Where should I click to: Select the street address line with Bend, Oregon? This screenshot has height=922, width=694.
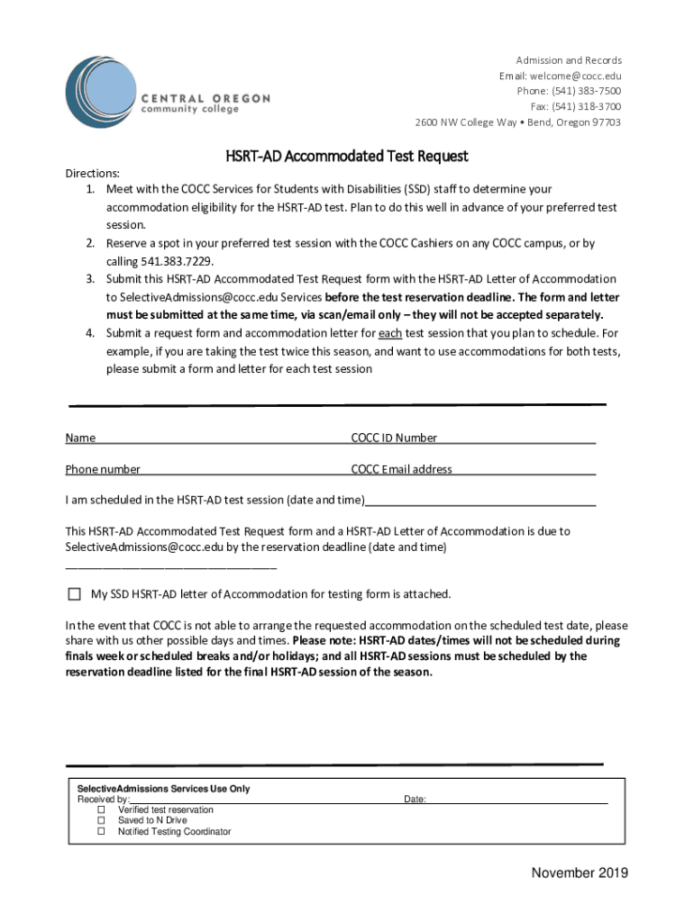pos(517,122)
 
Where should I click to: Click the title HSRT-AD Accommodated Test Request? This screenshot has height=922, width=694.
pos(346,156)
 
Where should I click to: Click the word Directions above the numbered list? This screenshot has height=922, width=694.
pos(92,173)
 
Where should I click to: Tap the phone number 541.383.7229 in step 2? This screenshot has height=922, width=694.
pos(177,261)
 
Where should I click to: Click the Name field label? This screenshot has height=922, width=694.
pos(80,438)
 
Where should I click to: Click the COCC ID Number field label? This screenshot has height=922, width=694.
pos(394,438)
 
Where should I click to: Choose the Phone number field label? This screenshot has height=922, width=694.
pos(103,469)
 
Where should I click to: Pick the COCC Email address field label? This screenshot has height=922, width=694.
pos(401,469)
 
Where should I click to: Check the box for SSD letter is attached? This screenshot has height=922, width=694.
pos(74,594)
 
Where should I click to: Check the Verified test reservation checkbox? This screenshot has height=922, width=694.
pos(101,810)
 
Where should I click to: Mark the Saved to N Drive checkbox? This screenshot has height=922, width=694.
pos(101,821)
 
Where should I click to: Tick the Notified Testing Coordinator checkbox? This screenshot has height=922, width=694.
pos(101,832)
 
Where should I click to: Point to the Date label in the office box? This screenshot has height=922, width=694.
pos(414,800)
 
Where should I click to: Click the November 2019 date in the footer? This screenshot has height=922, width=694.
pos(579,872)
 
